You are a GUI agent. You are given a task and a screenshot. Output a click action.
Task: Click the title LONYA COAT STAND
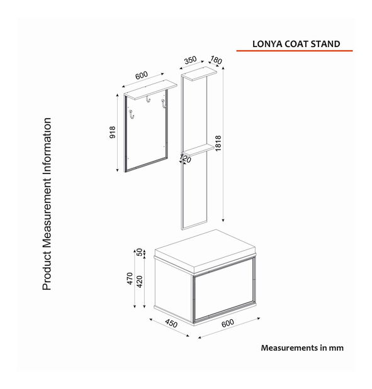tap(296, 44)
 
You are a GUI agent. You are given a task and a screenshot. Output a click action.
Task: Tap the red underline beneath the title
tap(294, 51)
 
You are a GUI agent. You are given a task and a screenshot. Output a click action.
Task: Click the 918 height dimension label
tap(113, 132)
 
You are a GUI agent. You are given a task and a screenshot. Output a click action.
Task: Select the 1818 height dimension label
tap(218, 143)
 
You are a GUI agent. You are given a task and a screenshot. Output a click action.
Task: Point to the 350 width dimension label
tap(190, 60)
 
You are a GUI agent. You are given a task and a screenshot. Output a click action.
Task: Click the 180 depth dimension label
tap(216, 60)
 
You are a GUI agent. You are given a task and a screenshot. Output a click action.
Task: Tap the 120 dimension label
tap(186, 158)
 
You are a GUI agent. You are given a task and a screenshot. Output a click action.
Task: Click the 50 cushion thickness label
tap(140, 252)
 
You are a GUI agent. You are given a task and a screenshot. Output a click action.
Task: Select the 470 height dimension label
tap(130, 278)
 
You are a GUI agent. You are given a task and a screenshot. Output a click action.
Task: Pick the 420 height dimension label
tap(140, 282)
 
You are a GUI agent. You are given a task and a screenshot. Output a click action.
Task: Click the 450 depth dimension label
tap(171, 323)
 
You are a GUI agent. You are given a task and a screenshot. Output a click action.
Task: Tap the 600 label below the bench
tap(228, 323)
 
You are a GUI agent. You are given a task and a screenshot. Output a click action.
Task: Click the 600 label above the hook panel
tap(142, 75)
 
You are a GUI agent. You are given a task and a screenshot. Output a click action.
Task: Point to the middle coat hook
tap(148, 99)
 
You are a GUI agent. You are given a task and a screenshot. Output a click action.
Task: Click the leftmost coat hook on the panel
tap(132, 114)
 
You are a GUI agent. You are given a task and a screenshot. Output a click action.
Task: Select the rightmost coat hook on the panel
tap(164, 104)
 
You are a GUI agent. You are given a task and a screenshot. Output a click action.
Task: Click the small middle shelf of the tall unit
tap(198, 150)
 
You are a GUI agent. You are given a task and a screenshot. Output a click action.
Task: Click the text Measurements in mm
tap(302, 348)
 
